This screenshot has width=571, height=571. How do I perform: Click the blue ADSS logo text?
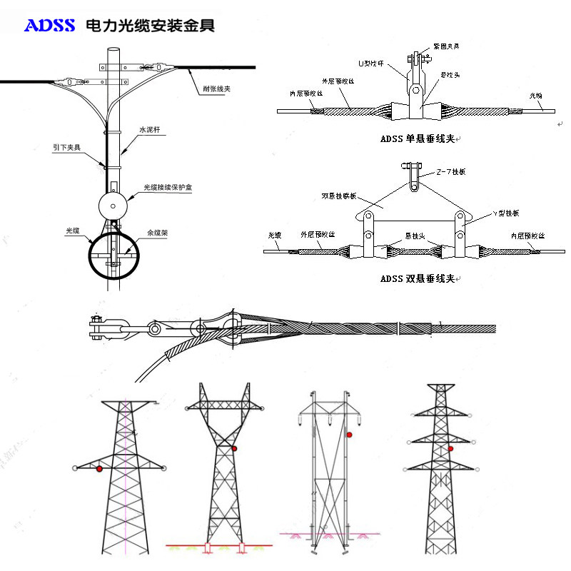[x=50, y=26]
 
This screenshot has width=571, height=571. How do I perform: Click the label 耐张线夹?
[x=216, y=89]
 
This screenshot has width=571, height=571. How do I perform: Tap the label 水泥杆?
[x=150, y=130]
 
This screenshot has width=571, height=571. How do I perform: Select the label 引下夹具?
[x=67, y=148]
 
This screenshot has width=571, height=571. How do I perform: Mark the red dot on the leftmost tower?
[x=99, y=468]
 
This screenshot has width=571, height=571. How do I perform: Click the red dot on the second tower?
[x=234, y=448]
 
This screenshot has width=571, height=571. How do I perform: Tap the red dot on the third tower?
[x=349, y=434]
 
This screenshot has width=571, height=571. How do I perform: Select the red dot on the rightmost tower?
[x=451, y=448]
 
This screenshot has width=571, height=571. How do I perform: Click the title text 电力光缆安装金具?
[x=150, y=26]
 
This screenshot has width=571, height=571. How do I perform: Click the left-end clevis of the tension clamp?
[x=97, y=328]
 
